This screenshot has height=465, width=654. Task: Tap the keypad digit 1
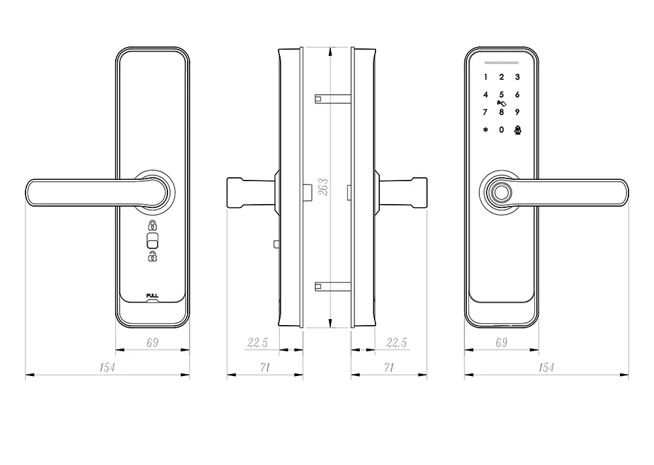coord(485,77)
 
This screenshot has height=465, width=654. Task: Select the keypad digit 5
coord(502,94)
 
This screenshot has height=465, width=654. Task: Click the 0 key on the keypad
coord(502,129)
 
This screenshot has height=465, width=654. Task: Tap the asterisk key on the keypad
coord(485,129)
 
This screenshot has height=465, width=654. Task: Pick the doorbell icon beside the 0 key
coord(518,129)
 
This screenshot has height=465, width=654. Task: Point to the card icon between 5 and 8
coord(502,103)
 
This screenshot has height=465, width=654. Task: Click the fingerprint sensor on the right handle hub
coord(502,194)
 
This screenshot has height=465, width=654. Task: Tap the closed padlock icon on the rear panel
coord(152,227)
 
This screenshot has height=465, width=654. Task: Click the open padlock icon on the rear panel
coord(152,257)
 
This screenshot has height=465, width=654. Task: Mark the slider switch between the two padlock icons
coord(152,241)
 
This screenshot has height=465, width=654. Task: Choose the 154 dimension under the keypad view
coord(546,368)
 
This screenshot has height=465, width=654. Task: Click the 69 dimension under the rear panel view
coord(152,342)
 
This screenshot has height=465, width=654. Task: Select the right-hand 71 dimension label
coord(388,368)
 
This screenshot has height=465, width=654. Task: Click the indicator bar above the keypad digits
coord(502,63)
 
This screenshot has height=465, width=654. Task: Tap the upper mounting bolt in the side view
coord(333,99)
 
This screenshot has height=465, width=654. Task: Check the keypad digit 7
coord(485,112)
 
